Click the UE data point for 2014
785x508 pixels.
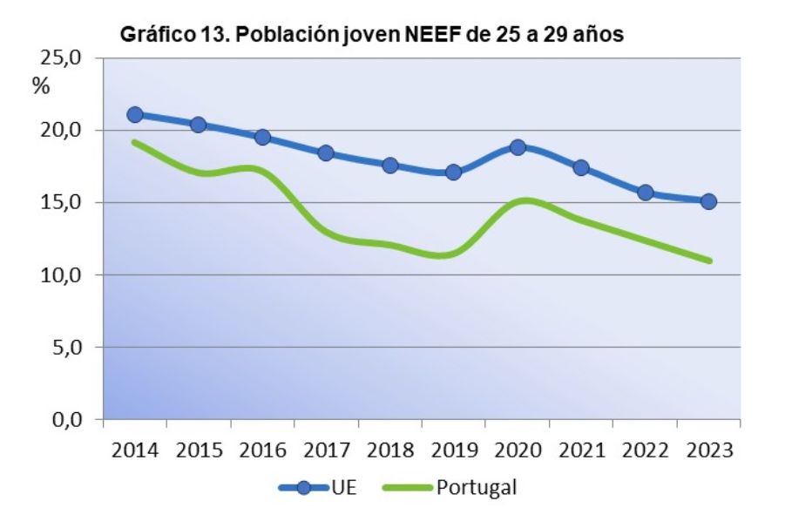(135, 114)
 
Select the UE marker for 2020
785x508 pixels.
(518, 147)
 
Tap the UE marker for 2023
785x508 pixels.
(708, 201)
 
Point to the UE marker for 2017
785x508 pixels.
(326, 153)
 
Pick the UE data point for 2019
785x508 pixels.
(453, 172)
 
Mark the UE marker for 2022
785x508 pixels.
(645, 193)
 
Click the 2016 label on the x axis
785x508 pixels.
(262, 450)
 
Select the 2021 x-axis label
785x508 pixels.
(581, 450)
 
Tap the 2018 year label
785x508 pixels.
(389, 450)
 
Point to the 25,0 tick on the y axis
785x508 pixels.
(58, 58)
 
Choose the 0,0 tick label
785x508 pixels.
(64, 420)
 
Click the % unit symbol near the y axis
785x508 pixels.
(41, 86)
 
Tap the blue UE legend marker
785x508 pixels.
(304, 487)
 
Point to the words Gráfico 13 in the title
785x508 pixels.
(163, 35)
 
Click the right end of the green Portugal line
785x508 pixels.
(710, 261)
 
